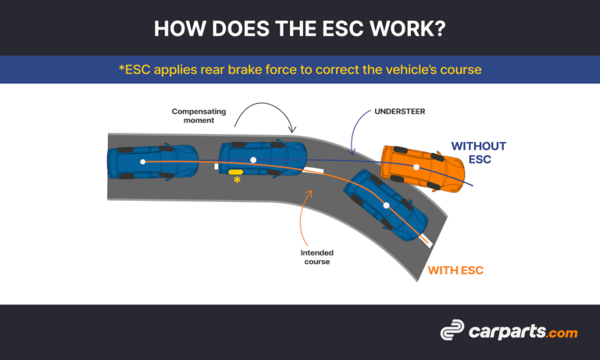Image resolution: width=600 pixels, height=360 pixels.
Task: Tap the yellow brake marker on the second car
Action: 236,171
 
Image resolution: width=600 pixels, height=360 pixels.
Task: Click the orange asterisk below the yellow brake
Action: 237,180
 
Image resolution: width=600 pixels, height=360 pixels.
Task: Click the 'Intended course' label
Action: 316,257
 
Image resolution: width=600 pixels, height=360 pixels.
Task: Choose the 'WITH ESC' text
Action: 455,271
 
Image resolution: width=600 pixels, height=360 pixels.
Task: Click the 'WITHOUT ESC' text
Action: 479,153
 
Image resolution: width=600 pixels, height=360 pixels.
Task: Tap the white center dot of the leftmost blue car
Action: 143,162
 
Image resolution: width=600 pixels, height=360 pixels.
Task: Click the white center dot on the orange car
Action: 416,167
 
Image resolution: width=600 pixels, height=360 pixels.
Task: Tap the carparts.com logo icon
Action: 452,332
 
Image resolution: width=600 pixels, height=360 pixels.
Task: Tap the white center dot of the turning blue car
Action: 385,205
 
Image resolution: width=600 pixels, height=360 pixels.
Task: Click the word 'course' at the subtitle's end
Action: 460,70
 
